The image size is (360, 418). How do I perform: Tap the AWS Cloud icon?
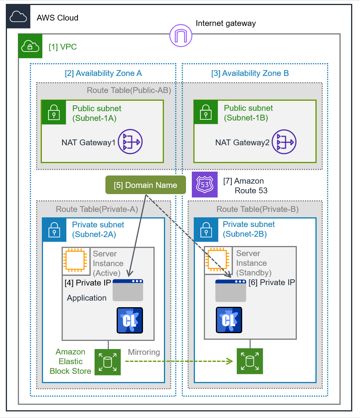18,17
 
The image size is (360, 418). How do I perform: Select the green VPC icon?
30,46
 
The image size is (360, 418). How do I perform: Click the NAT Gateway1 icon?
131,142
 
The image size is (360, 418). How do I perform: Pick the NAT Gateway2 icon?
284,142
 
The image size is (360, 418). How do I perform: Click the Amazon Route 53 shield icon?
205,184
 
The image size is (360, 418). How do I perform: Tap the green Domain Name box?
145,185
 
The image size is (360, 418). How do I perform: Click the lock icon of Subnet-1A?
54,113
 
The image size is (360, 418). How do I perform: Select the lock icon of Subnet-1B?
206,113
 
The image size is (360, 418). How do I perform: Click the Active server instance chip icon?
76,258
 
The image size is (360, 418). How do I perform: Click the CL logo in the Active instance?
130,320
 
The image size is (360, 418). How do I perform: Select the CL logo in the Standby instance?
229,320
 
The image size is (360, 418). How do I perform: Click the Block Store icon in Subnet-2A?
108,362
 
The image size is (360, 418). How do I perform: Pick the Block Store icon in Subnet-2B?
250,361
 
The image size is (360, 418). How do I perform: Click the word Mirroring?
144,352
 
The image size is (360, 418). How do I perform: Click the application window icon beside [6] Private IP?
231,291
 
